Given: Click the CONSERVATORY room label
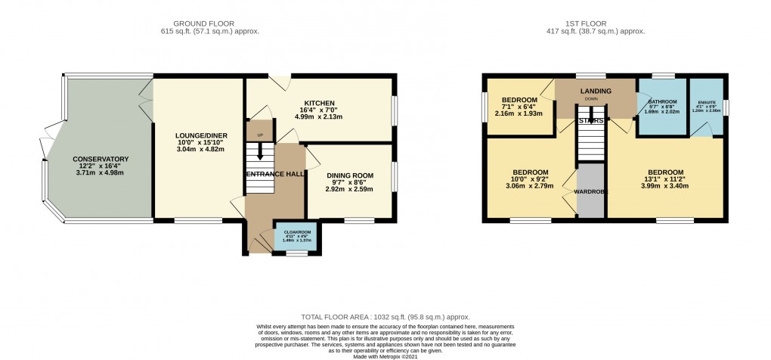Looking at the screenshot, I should coord(101,159).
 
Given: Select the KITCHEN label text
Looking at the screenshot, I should coord(319,104).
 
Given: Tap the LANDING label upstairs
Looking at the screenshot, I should coord(596,92).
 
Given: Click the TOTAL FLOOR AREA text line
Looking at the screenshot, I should coord(385,317).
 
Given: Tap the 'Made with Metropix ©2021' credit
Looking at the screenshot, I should coord(385,355).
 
